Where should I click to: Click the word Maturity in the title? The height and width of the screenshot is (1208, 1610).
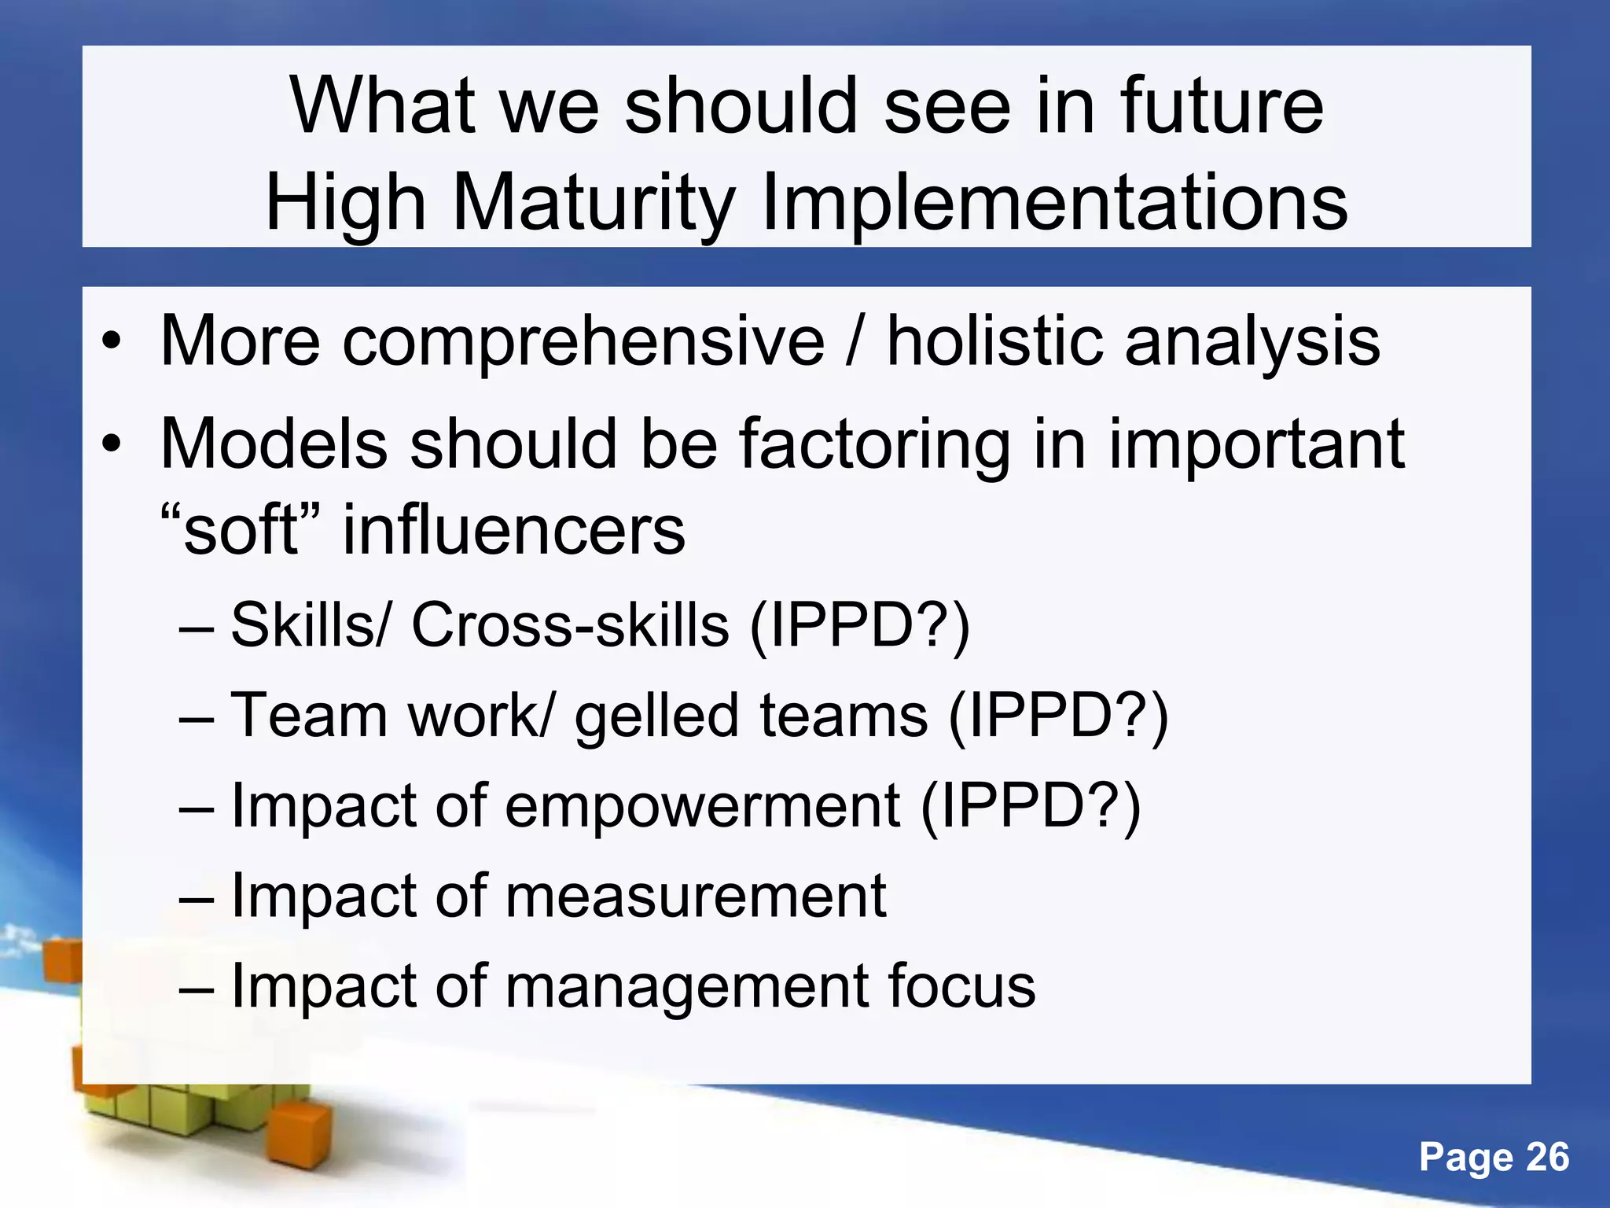pos(594,204)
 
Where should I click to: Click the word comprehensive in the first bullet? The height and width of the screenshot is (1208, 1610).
pos(583,342)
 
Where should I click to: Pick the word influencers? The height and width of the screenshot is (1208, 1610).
pos(514,529)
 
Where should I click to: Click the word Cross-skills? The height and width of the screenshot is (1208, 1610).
pos(570,625)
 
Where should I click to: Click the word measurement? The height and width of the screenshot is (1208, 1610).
pos(695,896)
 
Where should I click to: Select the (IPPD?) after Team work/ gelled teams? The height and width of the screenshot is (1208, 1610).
pos(1058,716)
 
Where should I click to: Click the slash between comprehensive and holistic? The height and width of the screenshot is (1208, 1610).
pos(855,342)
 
